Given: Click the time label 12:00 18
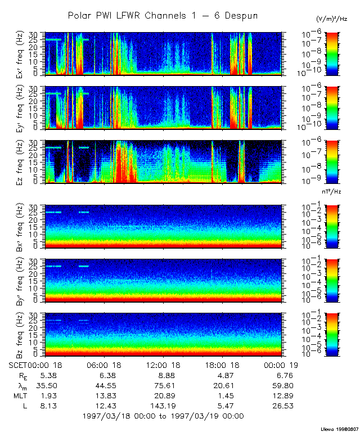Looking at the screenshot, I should (163, 365).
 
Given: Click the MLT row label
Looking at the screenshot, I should (20, 395).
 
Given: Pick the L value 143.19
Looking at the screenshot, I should (163, 406).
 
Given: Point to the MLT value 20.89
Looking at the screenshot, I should (163, 395).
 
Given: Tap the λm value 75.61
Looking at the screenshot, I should (163, 385).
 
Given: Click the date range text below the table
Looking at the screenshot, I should (163, 416).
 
